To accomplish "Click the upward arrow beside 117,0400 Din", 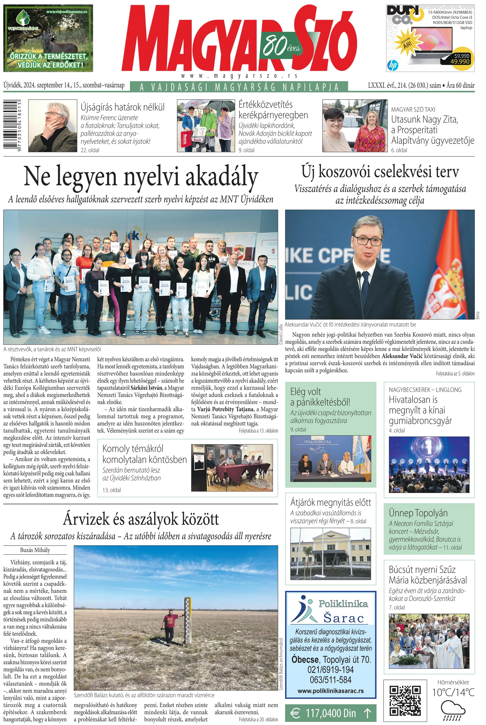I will tap(367, 712).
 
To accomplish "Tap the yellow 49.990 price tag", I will tap(460, 58).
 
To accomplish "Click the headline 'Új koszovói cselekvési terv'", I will tap(380, 172).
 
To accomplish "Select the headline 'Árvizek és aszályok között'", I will tap(141, 519).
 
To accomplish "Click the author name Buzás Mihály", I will tap(35, 550).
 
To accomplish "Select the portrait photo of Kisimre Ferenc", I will tap(52, 125).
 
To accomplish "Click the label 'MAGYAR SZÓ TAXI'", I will tap(413, 109).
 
